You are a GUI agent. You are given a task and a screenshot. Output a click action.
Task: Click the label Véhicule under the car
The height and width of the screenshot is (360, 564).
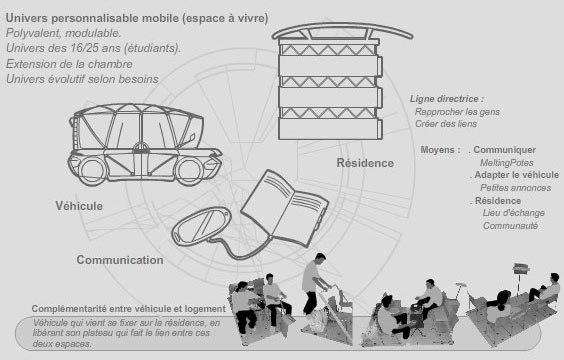click(x=79, y=206)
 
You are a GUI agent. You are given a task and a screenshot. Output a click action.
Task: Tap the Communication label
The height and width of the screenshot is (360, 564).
click(x=120, y=260)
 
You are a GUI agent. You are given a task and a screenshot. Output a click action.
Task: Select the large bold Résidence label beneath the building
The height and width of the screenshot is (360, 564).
click(x=365, y=163)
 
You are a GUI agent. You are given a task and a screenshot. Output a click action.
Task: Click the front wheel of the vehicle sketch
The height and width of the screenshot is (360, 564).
click(x=190, y=171)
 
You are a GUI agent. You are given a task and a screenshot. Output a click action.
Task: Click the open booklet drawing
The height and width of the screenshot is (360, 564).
click(x=284, y=208)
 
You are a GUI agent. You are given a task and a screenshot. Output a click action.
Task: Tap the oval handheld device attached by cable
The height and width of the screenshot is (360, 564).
click(x=200, y=225)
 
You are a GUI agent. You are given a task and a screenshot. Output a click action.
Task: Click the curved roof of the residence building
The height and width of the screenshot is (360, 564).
click(x=342, y=30)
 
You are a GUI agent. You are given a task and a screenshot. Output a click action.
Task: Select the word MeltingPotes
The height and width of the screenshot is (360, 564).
click(x=506, y=163)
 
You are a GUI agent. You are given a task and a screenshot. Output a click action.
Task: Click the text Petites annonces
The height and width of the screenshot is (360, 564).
click(x=515, y=188)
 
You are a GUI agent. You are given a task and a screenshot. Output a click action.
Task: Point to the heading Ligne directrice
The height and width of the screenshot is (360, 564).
click(x=447, y=99)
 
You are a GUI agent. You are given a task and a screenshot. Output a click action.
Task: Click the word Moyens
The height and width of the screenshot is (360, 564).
click(x=440, y=150)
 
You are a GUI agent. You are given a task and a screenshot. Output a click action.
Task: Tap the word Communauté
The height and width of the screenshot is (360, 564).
click(x=510, y=225)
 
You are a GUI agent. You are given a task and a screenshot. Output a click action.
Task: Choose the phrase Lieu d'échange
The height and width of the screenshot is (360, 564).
click(x=514, y=213)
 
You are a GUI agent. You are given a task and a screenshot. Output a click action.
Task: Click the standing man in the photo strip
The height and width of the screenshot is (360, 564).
click(x=314, y=284)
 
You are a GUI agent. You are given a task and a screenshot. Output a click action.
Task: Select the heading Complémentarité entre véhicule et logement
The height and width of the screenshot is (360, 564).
click(x=129, y=309)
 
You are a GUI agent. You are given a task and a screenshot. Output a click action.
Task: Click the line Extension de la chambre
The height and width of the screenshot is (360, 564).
click(x=69, y=64)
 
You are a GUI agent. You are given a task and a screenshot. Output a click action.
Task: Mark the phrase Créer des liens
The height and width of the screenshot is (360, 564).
click(x=446, y=124)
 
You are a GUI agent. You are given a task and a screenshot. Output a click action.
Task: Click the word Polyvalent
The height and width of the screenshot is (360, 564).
click(x=33, y=33)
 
